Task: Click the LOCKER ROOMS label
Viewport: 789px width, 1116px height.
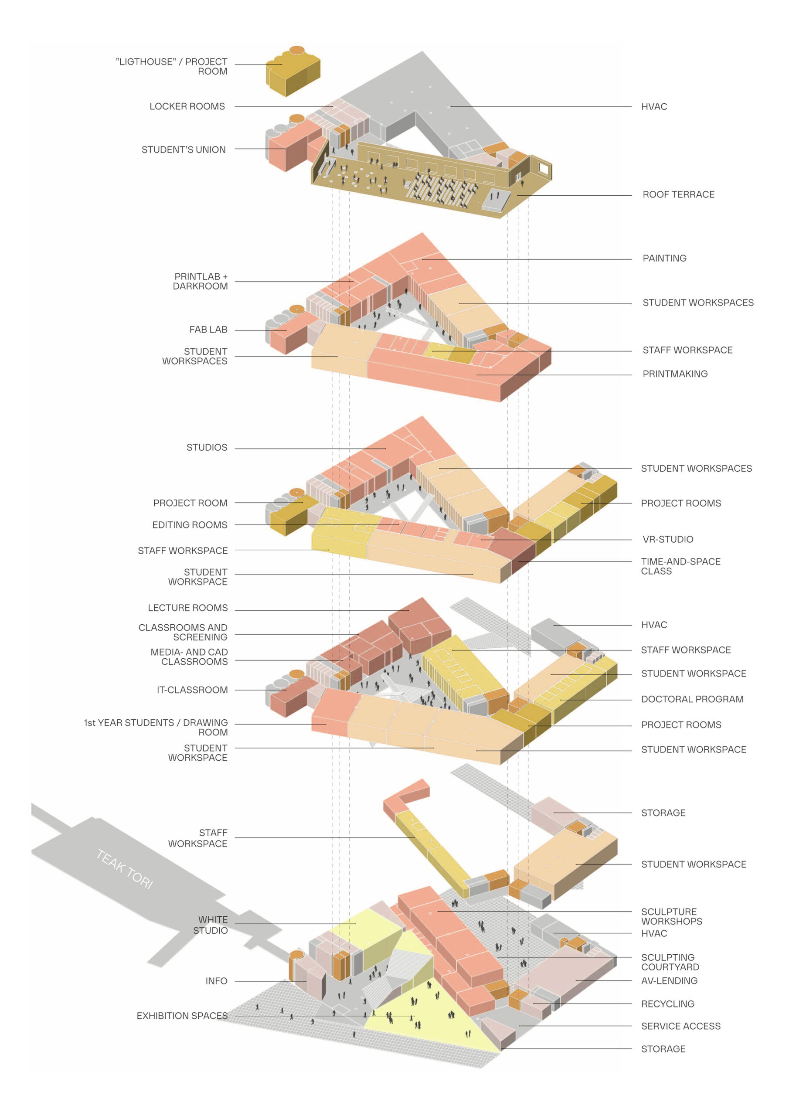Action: point(187,106)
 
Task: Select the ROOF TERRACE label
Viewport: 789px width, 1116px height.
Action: point(679,194)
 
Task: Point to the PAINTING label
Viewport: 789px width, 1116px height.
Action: point(665,258)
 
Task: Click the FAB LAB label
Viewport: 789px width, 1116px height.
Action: point(208,330)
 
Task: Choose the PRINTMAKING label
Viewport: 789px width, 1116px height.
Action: point(675,374)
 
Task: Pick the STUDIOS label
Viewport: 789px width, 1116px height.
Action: point(207,447)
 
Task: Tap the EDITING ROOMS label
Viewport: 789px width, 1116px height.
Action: point(190,525)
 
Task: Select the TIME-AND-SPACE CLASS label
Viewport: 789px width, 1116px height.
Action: point(680,566)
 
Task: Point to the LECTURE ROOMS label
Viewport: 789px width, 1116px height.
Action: point(187,608)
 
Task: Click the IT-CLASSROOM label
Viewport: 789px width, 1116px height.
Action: point(192,690)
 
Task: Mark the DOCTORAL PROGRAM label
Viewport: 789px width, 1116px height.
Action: point(692,699)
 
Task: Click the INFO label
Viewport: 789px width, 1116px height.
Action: point(216,981)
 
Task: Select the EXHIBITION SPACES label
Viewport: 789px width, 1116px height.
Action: point(182,1016)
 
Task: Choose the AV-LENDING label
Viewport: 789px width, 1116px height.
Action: point(670,981)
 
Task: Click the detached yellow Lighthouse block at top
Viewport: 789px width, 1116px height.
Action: point(293,71)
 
